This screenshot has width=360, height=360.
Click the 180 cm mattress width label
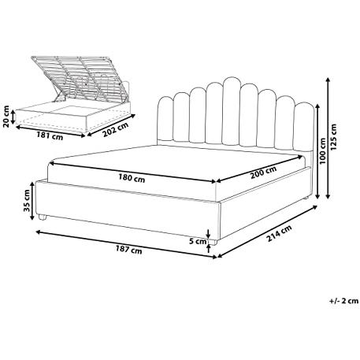(x=132, y=178)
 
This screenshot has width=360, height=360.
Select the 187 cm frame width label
(x=129, y=250)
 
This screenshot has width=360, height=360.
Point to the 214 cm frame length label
(x=279, y=233)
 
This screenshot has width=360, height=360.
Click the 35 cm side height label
(x=27, y=201)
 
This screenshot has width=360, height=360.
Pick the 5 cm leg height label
(x=198, y=241)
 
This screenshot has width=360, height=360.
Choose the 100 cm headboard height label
(x=323, y=151)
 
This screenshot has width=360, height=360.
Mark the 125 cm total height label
(x=333, y=137)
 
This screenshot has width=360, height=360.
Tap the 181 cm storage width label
(x=50, y=135)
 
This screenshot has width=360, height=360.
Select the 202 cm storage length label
(x=115, y=129)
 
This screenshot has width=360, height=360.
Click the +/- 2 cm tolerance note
(x=344, y=301)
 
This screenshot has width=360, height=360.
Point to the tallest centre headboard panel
(x=230, y=111)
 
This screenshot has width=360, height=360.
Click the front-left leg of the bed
(x=42, y=217)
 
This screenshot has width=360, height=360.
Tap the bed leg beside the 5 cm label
(x=213, y=242)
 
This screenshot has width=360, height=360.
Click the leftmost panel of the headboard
(x=165, y=119)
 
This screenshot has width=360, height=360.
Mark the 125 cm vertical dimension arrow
(x=328, y=138)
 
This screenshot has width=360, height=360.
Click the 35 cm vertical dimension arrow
(x=32, y=201)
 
